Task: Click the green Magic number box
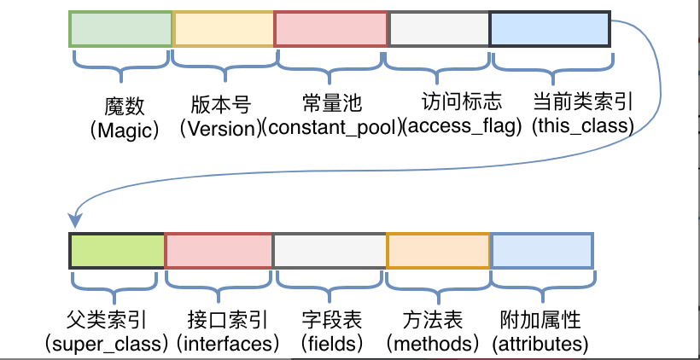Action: coord(120,30)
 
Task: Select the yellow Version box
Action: coord(223,30)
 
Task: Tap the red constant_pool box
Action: coord(330,30)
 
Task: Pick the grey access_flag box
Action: coord(439,30)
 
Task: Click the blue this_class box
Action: coord(549,30)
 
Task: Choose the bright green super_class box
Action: coord(116,249)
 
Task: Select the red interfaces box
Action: coord(219,249)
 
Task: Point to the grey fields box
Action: coord(330,249)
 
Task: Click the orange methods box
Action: coord(438,249)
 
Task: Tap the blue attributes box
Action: coord(542,249)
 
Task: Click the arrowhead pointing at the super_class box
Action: coord(75,219)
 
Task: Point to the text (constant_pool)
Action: coord(331,129)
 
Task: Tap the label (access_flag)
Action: coord(462,129)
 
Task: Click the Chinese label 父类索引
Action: coord(106,321)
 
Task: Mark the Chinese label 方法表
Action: coord(432,321)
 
